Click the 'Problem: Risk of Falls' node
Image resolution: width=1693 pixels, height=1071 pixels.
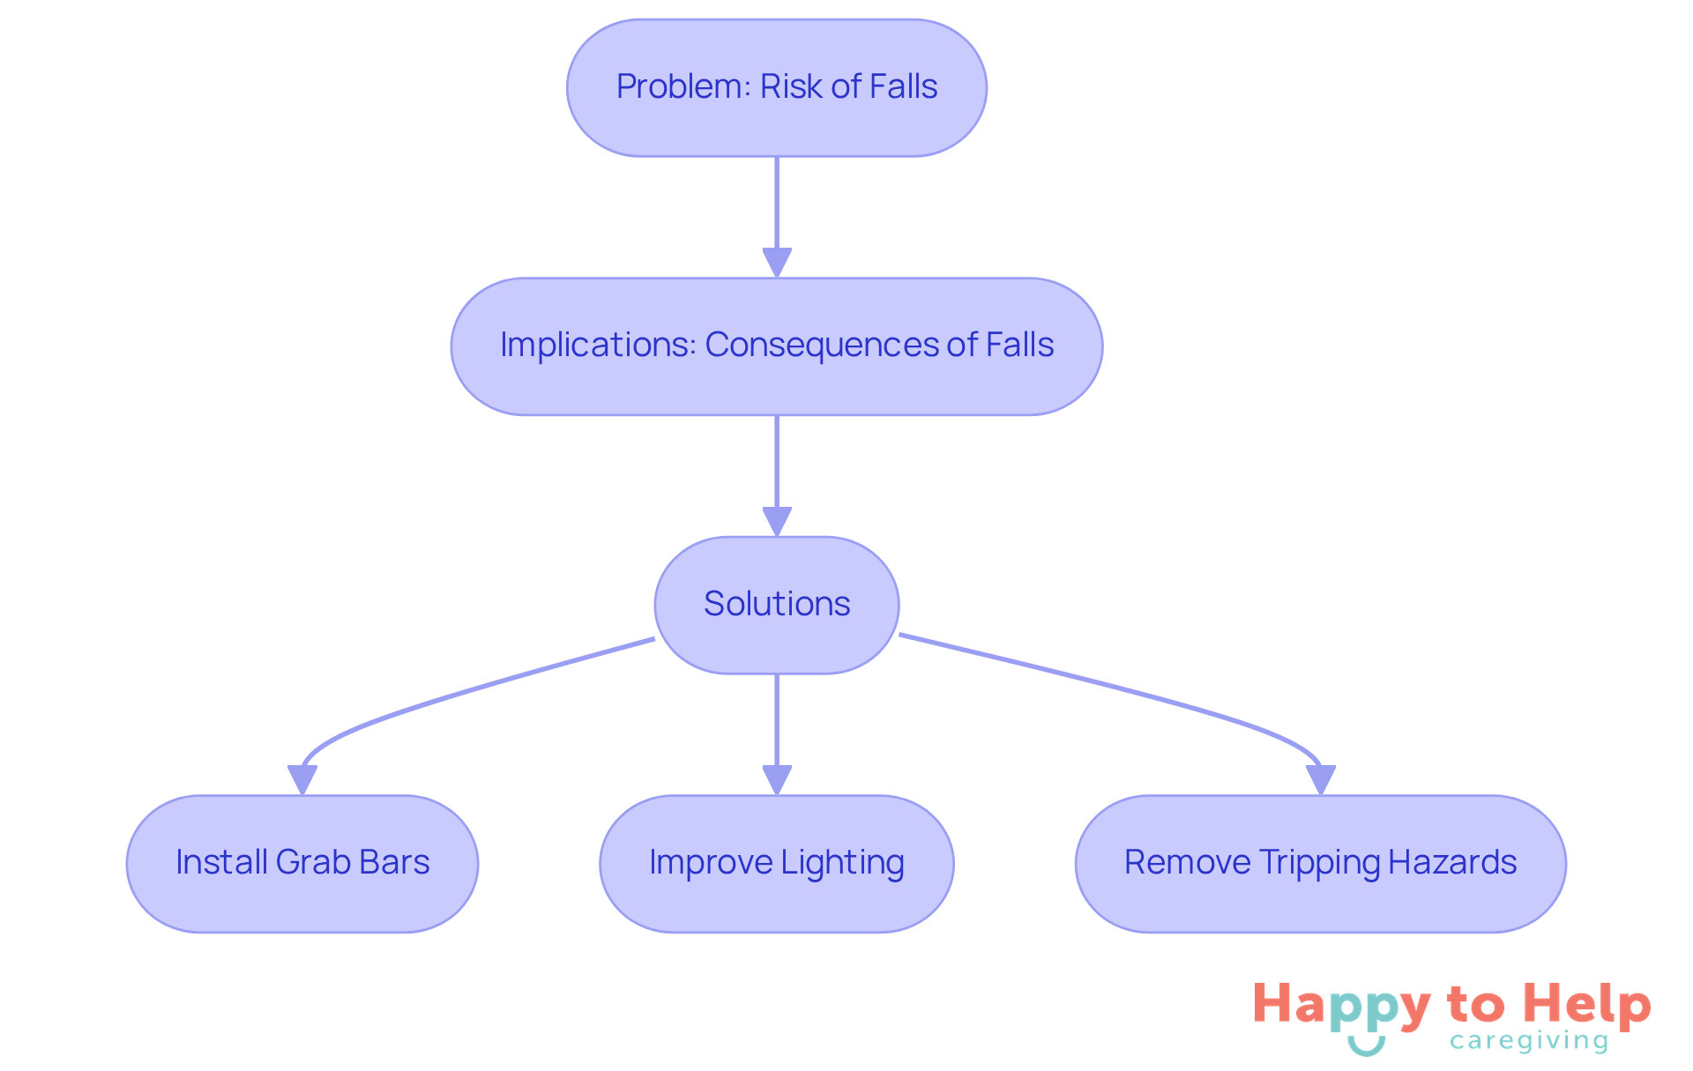pos(776,88)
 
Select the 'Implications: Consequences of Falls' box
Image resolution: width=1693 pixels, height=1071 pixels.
pos(776,346)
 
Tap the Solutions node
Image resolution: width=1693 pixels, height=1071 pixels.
pos(776,605)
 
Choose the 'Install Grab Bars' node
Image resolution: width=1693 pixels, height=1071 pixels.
pos(302,864)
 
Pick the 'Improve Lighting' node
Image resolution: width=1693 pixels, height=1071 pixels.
pos(776,864)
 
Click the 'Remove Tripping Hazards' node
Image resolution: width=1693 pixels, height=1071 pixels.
pos(1320,864)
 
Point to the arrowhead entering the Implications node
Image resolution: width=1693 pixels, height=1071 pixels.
pos(776,263)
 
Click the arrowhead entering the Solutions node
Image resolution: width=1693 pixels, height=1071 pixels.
pos(776,521)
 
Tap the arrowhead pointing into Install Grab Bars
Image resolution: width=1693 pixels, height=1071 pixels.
pos(302,779)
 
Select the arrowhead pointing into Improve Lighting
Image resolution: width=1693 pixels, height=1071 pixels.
pos(776,779)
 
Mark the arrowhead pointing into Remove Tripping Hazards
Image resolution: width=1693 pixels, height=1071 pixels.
pos(1320,779)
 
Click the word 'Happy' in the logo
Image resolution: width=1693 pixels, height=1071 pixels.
pos(1341,1006)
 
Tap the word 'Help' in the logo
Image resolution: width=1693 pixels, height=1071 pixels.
pos(1586,1005)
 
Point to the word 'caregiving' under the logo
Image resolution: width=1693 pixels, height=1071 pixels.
pos(1529,1042)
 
